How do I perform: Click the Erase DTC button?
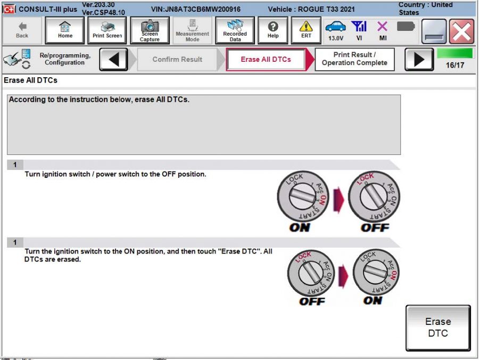click(x=438, y=328)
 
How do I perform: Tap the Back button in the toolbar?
click(x=22, y=30)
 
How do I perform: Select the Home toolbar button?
click(x=65, y=30)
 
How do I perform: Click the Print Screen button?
click(x=107, y=30)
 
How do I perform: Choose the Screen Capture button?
click(x=150, y=30)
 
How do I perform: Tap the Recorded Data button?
click(x=235, y=30)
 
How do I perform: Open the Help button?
click(x=273, y=30)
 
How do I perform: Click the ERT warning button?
click(x=306, y=30)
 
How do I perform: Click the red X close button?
click(x=461, y=31)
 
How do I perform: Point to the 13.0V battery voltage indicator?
click(x=335, y=31)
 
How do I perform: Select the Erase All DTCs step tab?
click(x=266, y=59)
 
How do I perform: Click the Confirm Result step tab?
click(x=177, y=59)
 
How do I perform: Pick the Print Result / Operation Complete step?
click(x=354, y=59)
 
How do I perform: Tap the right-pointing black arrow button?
click(x=419, y=59)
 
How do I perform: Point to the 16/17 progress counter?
click(x=455, y=64)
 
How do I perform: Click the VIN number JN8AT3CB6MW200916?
click(x=195, y=10)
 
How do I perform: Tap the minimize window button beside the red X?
click(x=434, y=31)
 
